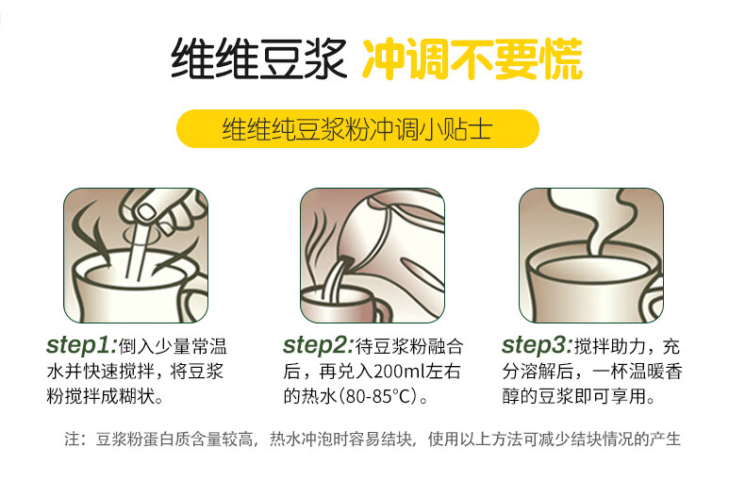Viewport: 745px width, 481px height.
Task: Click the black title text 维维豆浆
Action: click(x=258, y=58)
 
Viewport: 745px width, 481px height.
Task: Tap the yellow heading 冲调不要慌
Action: click(x=472, y=58)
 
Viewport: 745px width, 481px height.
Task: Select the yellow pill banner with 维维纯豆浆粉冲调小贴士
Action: click(x=357, y=128)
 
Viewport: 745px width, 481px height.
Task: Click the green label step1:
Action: click(x=81, y=345)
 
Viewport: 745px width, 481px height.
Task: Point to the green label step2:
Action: click(x=319, y=345)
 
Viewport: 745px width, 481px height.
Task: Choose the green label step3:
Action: click(x=537, y=345)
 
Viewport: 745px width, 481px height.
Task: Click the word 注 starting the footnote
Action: click(x=73, y=439)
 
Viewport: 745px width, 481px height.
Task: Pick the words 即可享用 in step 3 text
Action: click(x=610, y=396)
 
